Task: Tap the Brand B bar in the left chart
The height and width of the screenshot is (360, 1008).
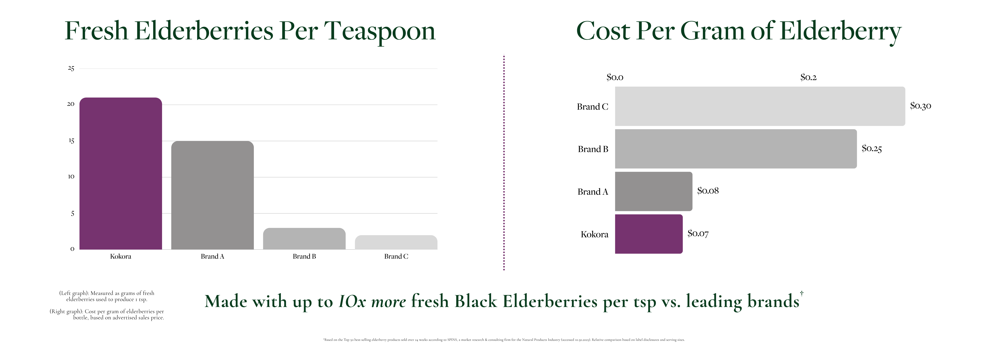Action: (304, 239)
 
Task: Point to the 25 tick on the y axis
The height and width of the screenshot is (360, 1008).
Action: (71, 69)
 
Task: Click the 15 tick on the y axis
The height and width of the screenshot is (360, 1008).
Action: (71, 141)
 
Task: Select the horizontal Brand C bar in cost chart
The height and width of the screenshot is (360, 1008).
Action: (760, 106)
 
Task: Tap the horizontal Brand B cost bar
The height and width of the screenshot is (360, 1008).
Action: (736, 149)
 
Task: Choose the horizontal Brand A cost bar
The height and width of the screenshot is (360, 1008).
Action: (654, 191)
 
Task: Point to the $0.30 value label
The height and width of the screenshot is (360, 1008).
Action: (920, 106)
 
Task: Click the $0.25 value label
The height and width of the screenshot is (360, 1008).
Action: (871, 148)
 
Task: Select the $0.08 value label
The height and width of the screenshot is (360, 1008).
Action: (708, 191)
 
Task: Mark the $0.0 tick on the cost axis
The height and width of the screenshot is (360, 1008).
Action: (615, 77)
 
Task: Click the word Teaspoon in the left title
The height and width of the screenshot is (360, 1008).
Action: (380, 31)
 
